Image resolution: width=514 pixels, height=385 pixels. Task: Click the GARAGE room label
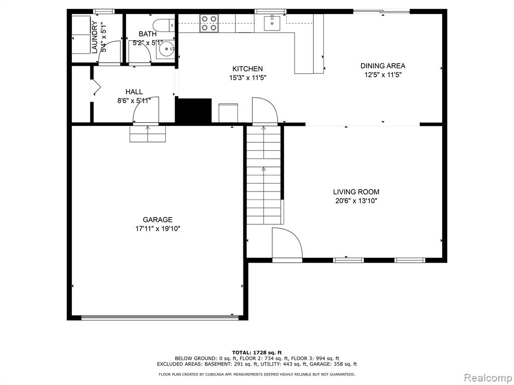(x=157, y=220)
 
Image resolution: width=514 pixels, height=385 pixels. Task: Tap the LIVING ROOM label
(x=356, y=192)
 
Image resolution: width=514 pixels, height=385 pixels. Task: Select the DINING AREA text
(x=383, y=66)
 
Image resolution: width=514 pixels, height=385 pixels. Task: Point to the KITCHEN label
(x=247, y=69)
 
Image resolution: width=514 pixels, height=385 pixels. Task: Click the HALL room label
(x=134, y=92)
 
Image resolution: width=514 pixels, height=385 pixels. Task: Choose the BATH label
(x=148, y=34)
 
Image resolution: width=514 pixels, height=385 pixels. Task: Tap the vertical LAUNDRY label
(x=94, y=37)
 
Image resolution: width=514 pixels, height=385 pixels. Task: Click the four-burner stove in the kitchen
(x=209, y=23)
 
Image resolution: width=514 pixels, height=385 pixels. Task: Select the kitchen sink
(x=272, y=23)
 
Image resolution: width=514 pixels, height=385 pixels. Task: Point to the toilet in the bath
(x=164, y=25)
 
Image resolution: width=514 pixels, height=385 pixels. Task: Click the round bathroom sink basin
(x=166, y=50)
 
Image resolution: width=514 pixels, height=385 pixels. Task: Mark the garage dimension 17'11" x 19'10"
(x=158, y=229)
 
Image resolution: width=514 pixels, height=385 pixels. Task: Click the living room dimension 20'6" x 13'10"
(x=356, y=201)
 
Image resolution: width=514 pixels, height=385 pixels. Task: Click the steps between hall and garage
(x=148, y=134)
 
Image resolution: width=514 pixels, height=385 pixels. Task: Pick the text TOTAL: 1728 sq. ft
(x=257, y=352)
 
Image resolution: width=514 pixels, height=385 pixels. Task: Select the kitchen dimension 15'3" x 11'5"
(x=247, y=78)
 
